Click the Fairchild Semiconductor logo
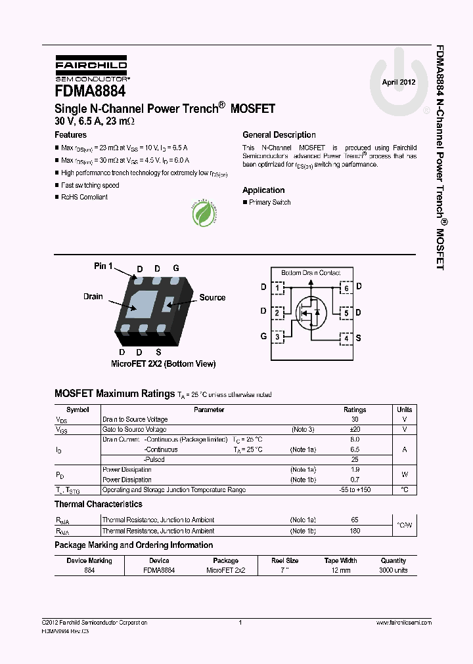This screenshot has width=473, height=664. (x=91, y=68)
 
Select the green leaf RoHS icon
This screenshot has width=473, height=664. (x=205, y=213)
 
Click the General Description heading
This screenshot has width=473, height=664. (x=279, y=135)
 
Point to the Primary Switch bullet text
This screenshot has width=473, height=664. (x=269, y=203)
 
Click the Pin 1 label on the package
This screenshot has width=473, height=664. (x=103, y=266)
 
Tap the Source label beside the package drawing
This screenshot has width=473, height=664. (x=212, y=298)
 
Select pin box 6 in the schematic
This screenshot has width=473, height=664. (x=346, y=288)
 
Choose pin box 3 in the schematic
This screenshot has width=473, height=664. (x=278, y=337)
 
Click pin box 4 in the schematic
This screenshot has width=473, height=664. (x=346, y=339)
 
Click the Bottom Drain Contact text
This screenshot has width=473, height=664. (x=311, y=273)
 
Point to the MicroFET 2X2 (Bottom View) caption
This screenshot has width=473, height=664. (x=163, y=364)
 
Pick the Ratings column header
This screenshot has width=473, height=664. (x=355, y=409)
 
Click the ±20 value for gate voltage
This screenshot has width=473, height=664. (x=355, y=430)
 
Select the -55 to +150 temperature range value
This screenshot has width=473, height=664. (x=355, y=490)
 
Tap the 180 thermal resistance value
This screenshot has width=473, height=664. (x=355, y=531)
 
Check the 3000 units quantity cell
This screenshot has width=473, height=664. (x=394, y=571)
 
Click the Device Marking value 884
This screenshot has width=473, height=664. (x=89, y=571)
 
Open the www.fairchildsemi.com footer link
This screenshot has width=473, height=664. (x=403, y=623)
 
